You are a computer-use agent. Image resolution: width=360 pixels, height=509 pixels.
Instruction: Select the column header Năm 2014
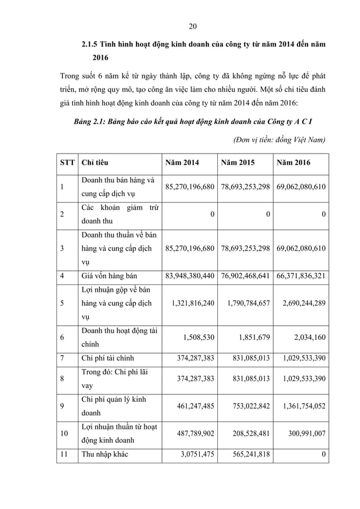click(x=182, y=163)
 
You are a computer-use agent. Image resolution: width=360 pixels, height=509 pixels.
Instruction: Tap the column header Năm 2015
click(x=238, y=163)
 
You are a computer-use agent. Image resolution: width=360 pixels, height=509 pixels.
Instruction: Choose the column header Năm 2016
click(x=293, y=163)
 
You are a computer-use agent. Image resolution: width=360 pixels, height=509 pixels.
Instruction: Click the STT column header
click(x=67, y=163)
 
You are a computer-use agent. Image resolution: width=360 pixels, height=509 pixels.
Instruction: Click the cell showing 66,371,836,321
click(x=301, y=275)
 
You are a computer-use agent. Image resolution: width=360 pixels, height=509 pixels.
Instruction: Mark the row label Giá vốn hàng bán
click(x=109, y=275)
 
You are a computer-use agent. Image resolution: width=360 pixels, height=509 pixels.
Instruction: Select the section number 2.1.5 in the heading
click(x=91, y=44)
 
